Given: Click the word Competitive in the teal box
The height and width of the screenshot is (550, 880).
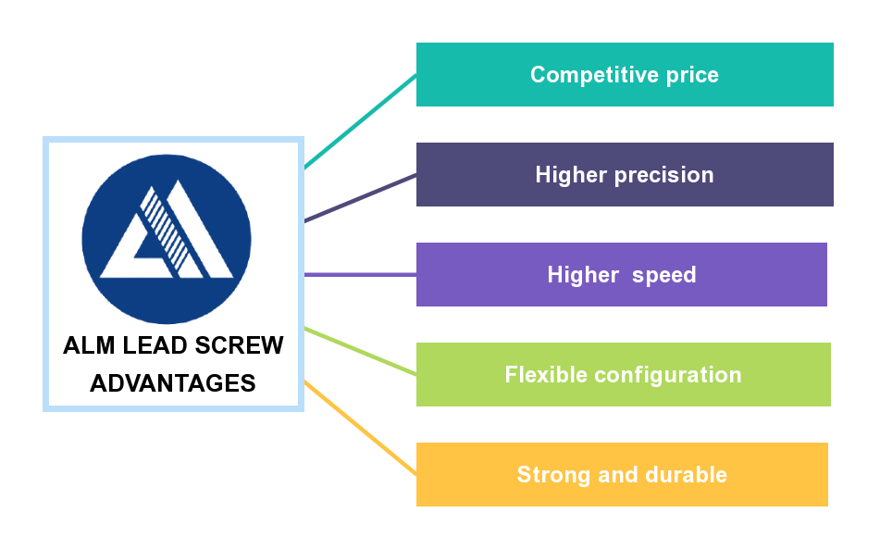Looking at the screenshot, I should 581,75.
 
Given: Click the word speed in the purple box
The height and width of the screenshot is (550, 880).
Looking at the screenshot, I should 664,275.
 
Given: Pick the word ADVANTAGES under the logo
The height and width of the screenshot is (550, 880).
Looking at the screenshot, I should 173,383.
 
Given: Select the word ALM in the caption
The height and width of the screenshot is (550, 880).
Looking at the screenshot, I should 87,346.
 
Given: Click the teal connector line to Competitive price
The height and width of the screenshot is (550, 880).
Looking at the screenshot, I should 361,121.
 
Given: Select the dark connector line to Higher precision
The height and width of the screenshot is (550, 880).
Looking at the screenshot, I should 361,197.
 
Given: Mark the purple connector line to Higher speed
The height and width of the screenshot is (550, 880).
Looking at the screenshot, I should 361,275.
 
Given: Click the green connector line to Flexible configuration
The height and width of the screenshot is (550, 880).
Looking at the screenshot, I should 361,351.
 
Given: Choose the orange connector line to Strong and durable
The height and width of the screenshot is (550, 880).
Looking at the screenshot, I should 361,428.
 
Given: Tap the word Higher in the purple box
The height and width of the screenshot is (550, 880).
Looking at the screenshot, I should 583,275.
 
